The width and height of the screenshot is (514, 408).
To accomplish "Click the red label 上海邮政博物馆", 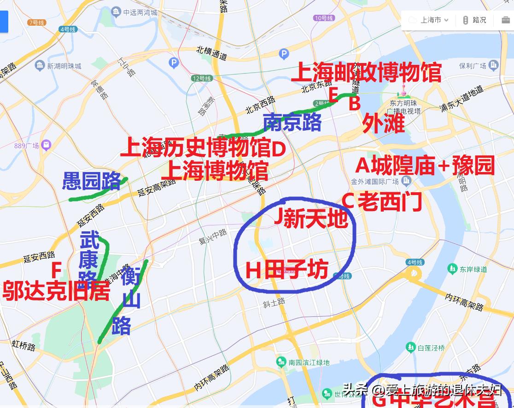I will pos(366,72).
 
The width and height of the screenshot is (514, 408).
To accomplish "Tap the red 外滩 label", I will pos(383,123).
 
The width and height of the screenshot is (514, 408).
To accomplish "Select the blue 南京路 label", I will pos(292,122).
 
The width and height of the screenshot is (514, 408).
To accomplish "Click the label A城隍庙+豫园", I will pos(425,166).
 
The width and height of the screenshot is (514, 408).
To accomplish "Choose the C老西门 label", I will pos(382,201).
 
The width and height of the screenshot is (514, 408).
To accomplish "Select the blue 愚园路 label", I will pos(91,182).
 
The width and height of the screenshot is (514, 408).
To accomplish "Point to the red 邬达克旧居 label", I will pos(56,291).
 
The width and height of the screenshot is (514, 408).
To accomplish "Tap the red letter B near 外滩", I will pos(354,103).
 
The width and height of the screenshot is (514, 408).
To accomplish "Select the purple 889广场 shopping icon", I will pos(46,145).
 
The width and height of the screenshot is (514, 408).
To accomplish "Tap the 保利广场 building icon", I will pos(493,65).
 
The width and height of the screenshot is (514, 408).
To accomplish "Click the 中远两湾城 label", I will pos(140,12).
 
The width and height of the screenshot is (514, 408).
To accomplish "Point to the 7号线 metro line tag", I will pos(36,23).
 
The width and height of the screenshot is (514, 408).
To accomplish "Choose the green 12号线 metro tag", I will pos(202,79).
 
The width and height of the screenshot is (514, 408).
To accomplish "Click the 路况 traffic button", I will pos(474,20).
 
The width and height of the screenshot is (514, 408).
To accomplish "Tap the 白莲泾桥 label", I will pos(431,347).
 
